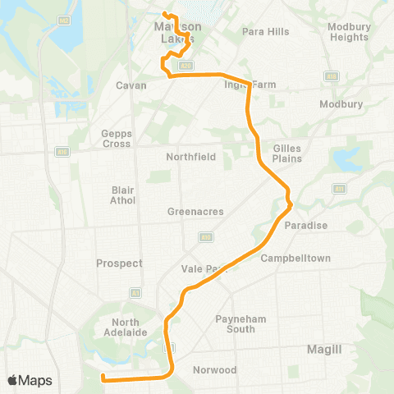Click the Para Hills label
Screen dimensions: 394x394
[266, 32]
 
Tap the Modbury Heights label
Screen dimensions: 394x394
[348, 31]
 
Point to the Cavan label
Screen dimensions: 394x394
[131, 85]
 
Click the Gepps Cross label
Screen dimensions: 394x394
[117, 138]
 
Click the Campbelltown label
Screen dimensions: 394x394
[295, 259]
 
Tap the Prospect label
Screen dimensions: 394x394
[119, 263]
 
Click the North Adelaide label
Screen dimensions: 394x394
[130, 327]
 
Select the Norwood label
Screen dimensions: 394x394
[214, 370]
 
